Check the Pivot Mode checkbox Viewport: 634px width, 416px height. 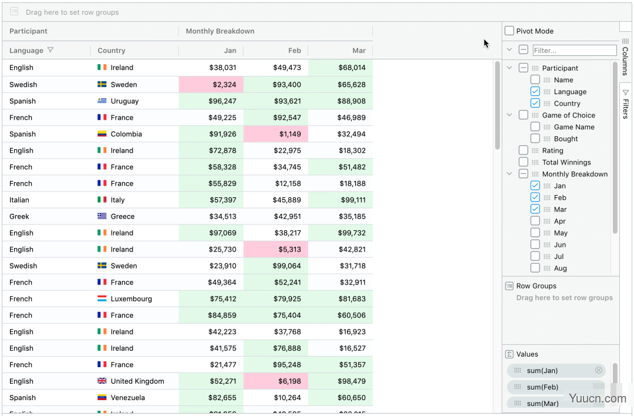(x=510, y=31)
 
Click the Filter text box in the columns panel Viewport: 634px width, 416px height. (x=575, y=50)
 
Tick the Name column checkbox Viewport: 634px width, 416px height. (x=535, y=80)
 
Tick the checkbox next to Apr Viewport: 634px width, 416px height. (x=535, y=221)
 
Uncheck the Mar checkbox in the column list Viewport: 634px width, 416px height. (x=535, y=209)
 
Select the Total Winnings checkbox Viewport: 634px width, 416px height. (x=523, y=162)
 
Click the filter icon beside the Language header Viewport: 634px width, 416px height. (x=50, y=50)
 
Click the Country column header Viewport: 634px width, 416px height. (x=112, y=51)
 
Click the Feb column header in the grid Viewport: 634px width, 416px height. (x=294, y=51)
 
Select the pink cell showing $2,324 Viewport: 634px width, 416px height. (x=211, y=84)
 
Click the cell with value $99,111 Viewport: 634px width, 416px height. (x=340, y=200)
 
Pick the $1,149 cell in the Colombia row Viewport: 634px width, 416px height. (x=276, y=134)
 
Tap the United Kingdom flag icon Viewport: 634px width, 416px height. (x=102, y=381)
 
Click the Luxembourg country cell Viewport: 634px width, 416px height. (x=131, y=298)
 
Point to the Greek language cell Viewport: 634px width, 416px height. (x=19, y=216)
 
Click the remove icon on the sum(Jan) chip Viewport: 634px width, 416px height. (x=598, y=370)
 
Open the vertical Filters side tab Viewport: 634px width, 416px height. (x=626, y=103)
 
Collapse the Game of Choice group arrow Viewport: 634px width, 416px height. (x=510, y=115)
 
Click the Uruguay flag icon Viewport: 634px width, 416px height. (x=102, y=100)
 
